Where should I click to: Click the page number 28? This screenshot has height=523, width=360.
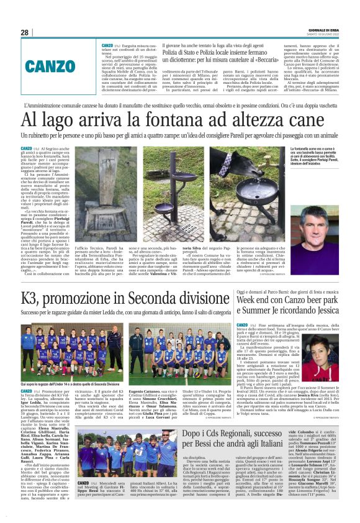(25, 32)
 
